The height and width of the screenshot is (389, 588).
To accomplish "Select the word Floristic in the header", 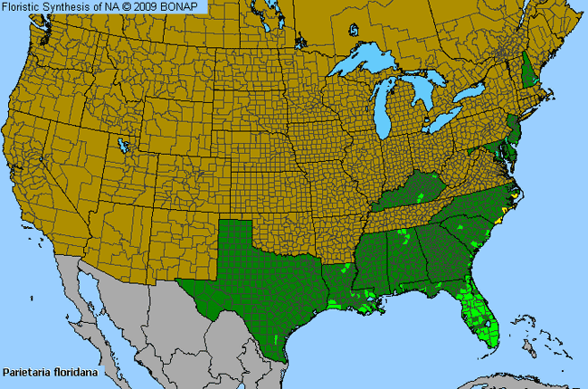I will pyautogui.click(x=24, y=6).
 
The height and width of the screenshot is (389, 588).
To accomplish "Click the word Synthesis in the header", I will pyautogui.click(x=72, y=6).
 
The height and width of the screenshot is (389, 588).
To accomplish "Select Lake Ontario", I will pyautogui.click(x=473, y=93).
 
